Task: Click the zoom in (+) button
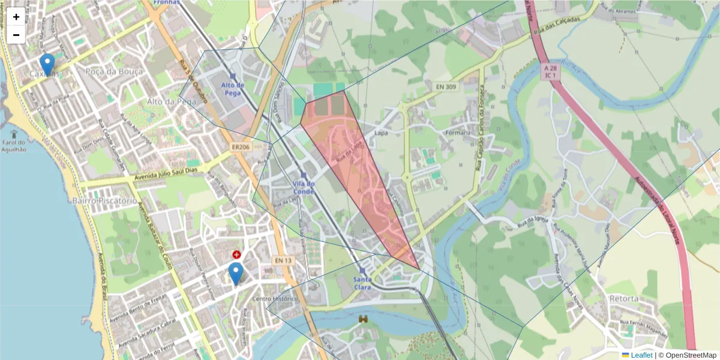point(16,17)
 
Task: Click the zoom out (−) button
point(16,35)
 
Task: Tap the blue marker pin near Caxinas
point(47,64)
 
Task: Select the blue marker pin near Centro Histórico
point(236,273)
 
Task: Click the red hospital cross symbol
point(237,255)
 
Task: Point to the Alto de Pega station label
point(233,89)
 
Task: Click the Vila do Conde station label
point(304,187)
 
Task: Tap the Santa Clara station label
point(362,283)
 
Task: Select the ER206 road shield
point(240,146)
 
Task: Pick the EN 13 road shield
point(283,260)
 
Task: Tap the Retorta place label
point(623,298)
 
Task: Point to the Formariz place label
point(460,132)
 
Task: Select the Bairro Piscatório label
point(104,200)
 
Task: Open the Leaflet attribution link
point(641,355)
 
